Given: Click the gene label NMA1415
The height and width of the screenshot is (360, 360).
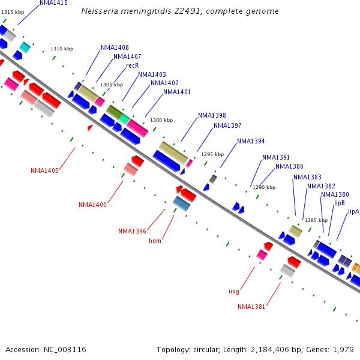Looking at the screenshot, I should (x=53, y=3).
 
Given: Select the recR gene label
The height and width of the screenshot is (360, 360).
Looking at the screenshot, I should (x=133, y=65).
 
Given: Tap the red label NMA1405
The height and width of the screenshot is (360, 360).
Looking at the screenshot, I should (x=44, y=170).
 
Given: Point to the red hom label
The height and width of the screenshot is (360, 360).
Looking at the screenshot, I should (x=155, y=241).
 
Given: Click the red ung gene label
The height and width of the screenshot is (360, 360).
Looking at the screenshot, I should (x=234, y=292).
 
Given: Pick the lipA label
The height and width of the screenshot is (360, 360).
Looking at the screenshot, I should (x=353, y=211).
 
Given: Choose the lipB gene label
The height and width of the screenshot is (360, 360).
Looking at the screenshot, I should (x=340, y=203).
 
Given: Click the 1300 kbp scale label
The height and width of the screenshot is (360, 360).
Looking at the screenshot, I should (x=161, y=121).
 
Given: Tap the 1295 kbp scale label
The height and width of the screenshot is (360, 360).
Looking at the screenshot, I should (x=212, y=154).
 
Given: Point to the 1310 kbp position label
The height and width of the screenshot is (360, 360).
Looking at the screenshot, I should (x=62, y=49).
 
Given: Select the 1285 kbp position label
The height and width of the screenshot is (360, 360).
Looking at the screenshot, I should (x=316, y=220).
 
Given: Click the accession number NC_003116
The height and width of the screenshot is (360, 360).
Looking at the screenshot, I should (x=66, y=349).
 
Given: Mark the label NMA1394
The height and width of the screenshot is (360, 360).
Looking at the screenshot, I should (x=251, y=142).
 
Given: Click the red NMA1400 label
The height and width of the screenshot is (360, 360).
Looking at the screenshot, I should (x=92, y=205).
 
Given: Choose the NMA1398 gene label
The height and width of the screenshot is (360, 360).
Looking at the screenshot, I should (x=212, y=115).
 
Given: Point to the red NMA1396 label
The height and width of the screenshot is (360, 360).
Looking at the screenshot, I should (x=132, y=231).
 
